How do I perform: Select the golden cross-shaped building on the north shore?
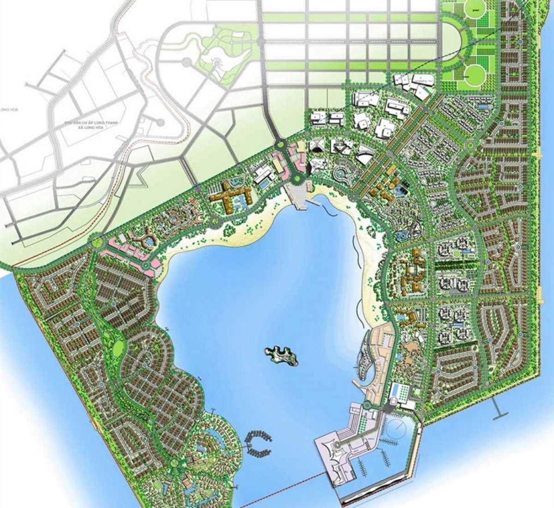pos(229,197)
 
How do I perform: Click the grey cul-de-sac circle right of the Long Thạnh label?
pos(159,122)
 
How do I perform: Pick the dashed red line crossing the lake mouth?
pos(282,490)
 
